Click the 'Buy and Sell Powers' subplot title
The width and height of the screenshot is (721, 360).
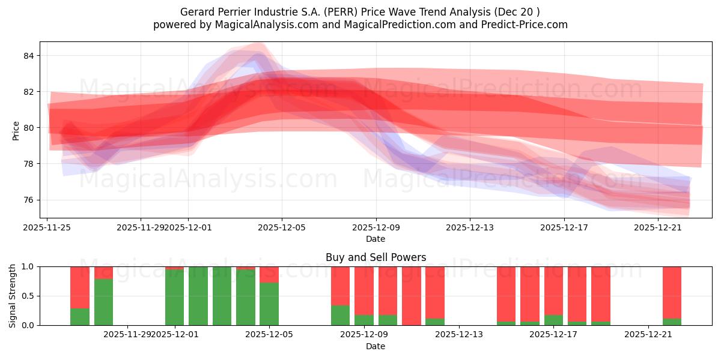point(376,257)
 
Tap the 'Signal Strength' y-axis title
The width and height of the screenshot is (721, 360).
point(13,296)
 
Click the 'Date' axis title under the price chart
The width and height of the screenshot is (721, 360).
point(376,239)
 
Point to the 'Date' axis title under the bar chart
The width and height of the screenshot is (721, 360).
point(376,346)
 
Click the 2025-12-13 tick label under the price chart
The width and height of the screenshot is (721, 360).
point(470,227)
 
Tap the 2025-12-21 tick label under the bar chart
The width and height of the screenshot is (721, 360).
point(648,334)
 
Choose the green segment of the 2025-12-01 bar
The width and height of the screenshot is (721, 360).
point(175,298)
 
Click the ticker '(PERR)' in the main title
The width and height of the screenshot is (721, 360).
point(333,12)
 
